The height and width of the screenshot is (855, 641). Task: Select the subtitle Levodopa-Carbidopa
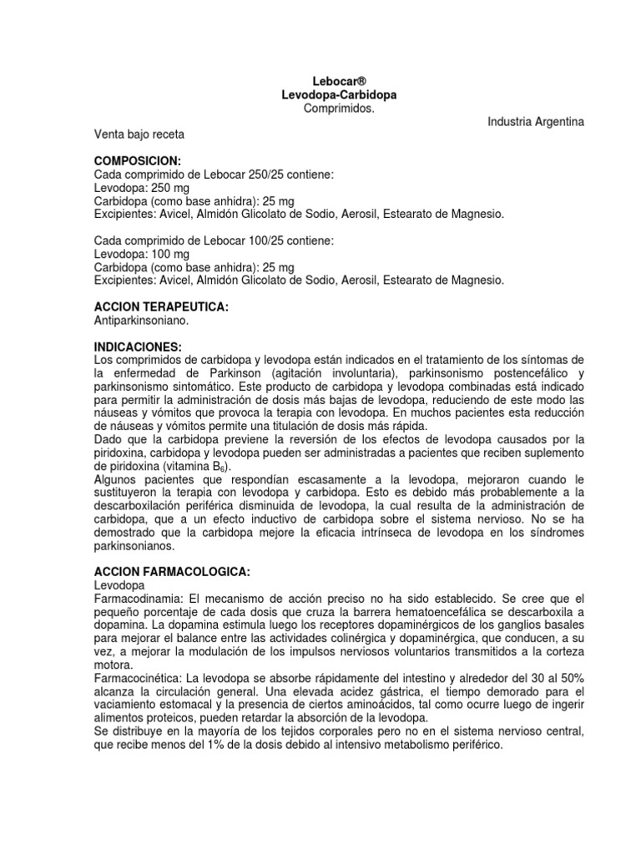(x=339, y=96)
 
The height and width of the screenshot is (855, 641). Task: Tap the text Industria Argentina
(x=537, y=122)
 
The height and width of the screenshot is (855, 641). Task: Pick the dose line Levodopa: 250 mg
(x=142, y=189)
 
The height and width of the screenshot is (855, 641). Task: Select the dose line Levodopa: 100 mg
(x=142, y=254)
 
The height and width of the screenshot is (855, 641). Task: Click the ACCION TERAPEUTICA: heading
(x=161, y=307)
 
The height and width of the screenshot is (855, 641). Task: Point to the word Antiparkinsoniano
(x=143, y=321)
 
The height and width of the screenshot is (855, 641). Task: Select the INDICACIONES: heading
(x=138, y=347)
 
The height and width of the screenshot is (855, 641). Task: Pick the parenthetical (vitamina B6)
(x=194, y=467)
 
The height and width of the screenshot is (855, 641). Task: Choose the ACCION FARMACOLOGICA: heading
(x=172, y=573)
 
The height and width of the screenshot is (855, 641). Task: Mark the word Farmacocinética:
(x=140, y=680)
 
